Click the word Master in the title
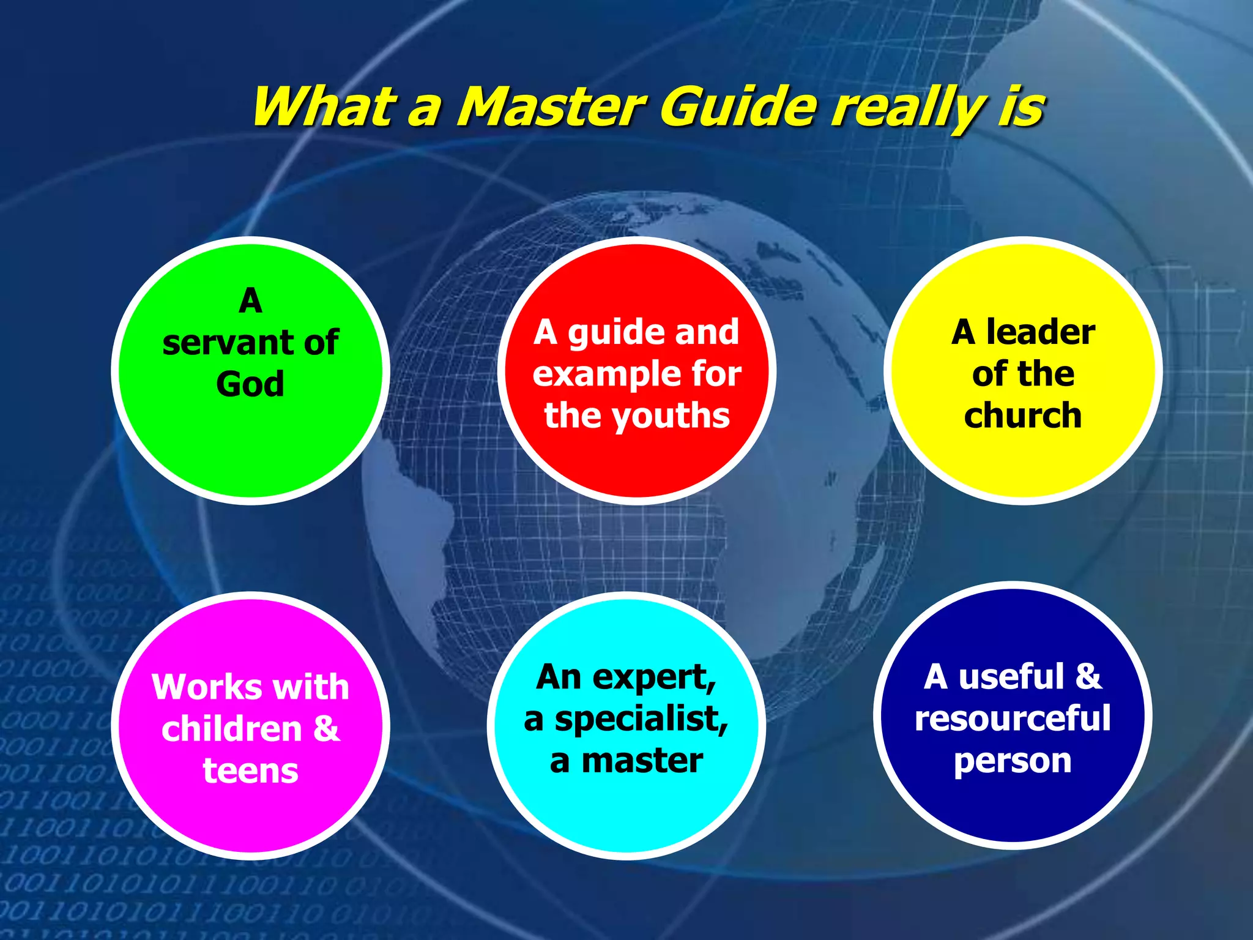click(551, 107)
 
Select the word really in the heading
click(909, 109)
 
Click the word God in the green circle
click(250, 384)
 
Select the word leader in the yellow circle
click(1040, 332)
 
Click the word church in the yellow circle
click(1022, 416)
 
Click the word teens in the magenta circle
click(250, 770)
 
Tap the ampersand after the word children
click(326, 729)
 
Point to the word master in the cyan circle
click(642, 761)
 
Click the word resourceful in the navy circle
click(1013, 718)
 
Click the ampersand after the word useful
click(1088, 677)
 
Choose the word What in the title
click(321, 107)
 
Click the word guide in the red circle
click(609, 333)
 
